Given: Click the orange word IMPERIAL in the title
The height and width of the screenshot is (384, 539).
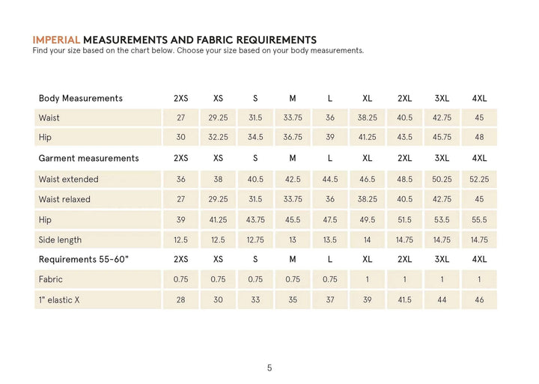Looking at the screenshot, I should (56, 40).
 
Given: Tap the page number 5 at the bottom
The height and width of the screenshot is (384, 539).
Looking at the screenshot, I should (269, 368).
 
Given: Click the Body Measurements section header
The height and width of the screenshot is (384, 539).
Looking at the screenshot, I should (80, 98).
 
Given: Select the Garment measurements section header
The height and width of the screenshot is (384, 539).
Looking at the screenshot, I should (88, 158).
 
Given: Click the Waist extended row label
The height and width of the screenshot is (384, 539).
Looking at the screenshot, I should (68, 179).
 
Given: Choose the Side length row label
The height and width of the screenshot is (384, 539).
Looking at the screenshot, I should (60, 240).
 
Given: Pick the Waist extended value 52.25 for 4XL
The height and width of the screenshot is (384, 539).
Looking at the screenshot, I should (479, 179).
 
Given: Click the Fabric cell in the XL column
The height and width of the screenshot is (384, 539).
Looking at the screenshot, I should (367, 279).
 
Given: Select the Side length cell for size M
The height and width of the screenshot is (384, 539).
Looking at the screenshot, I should (292, 240).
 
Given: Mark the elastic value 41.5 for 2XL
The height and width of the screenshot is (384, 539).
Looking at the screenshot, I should (404, 299).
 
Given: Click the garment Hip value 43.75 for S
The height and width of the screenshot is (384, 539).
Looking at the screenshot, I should (255, 219).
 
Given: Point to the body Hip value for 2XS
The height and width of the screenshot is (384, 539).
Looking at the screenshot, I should (180, 138).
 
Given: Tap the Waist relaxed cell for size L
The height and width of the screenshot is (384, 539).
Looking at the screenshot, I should (329, 199).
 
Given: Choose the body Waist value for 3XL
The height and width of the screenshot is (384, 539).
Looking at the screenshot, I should (442, 118).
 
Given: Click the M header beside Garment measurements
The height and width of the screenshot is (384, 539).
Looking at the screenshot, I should (292, 158).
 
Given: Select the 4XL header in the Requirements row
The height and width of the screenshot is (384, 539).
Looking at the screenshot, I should (479, 259).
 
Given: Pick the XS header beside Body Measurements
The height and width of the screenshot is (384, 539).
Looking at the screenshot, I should (218, 98).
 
